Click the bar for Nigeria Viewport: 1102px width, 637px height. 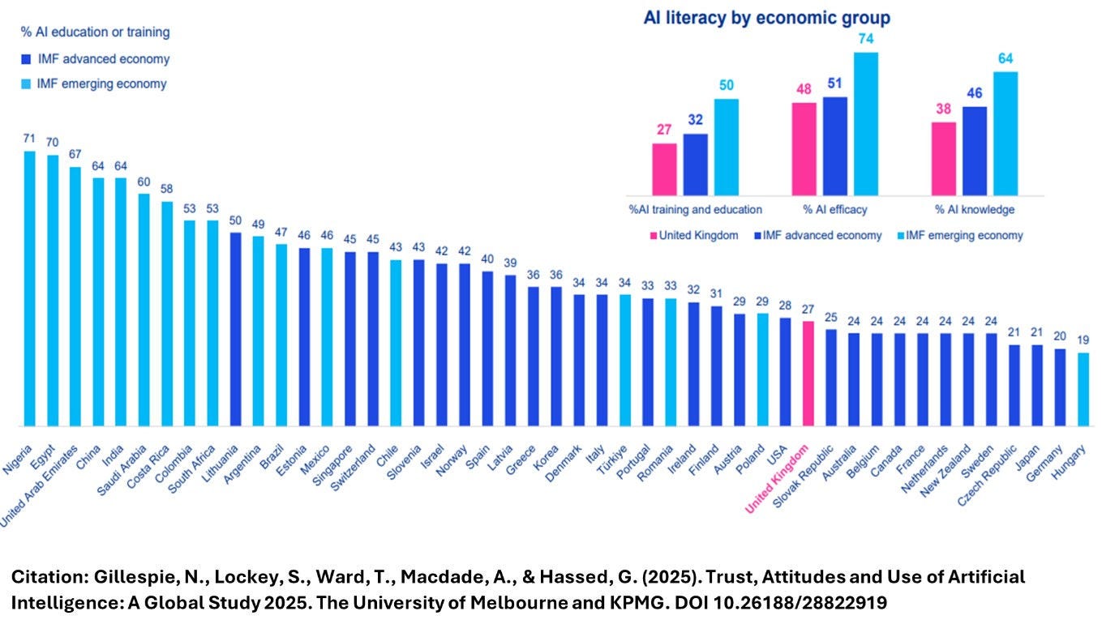point(29,288)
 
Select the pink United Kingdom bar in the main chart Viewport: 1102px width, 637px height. point(808,373)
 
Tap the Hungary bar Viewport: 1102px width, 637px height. point(1083,389)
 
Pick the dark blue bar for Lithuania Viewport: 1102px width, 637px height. point(235,329)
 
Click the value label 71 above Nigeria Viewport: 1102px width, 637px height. point(29,139)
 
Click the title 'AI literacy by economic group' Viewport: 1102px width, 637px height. point(767,17)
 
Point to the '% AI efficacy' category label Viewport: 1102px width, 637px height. point(834,209)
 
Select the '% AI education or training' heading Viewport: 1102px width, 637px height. point(95,32)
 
